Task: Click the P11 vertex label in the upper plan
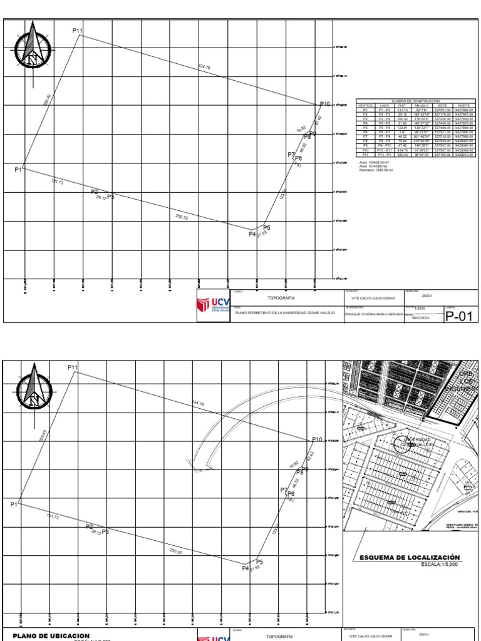pos(78,31)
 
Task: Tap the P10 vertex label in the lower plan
pos(317,440)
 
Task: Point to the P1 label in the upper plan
pos(18,170)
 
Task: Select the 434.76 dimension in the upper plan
pos(204,66)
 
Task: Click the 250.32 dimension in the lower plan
pos(176,551)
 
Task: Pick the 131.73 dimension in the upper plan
pos(57,182)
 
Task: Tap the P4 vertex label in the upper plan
pos(252,234)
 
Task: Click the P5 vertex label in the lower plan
pos(259,562)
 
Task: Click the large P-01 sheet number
pos(457,315)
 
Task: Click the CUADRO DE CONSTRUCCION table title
pos(416,101)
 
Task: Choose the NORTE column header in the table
pos(464,106)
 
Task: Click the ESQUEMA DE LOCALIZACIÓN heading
pos(410,558)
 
